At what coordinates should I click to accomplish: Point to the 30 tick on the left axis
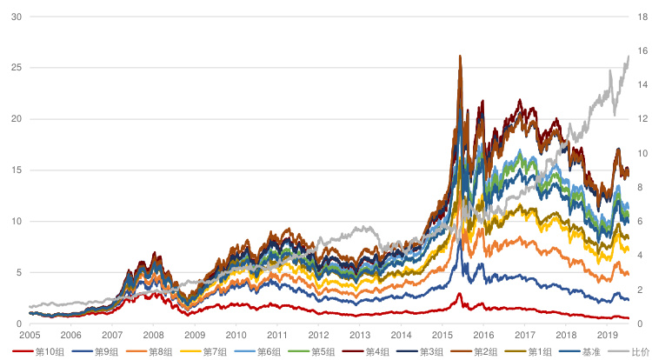coord(16,17)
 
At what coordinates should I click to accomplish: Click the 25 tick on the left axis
coord(16,68)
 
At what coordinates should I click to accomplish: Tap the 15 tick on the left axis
coord(16,170)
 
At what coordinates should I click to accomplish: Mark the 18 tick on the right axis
coord(641,17)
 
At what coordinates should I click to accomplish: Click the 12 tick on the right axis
coord(641,119)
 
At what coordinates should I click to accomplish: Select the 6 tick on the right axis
coord(641,222)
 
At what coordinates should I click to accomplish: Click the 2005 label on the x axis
coord(30,335)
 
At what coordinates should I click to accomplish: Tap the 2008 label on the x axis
coord(153,335)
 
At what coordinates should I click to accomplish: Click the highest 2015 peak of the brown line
coord(459,57)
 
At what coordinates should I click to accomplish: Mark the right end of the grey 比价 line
coord(629,57)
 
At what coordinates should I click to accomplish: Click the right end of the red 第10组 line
coord(629,318)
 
